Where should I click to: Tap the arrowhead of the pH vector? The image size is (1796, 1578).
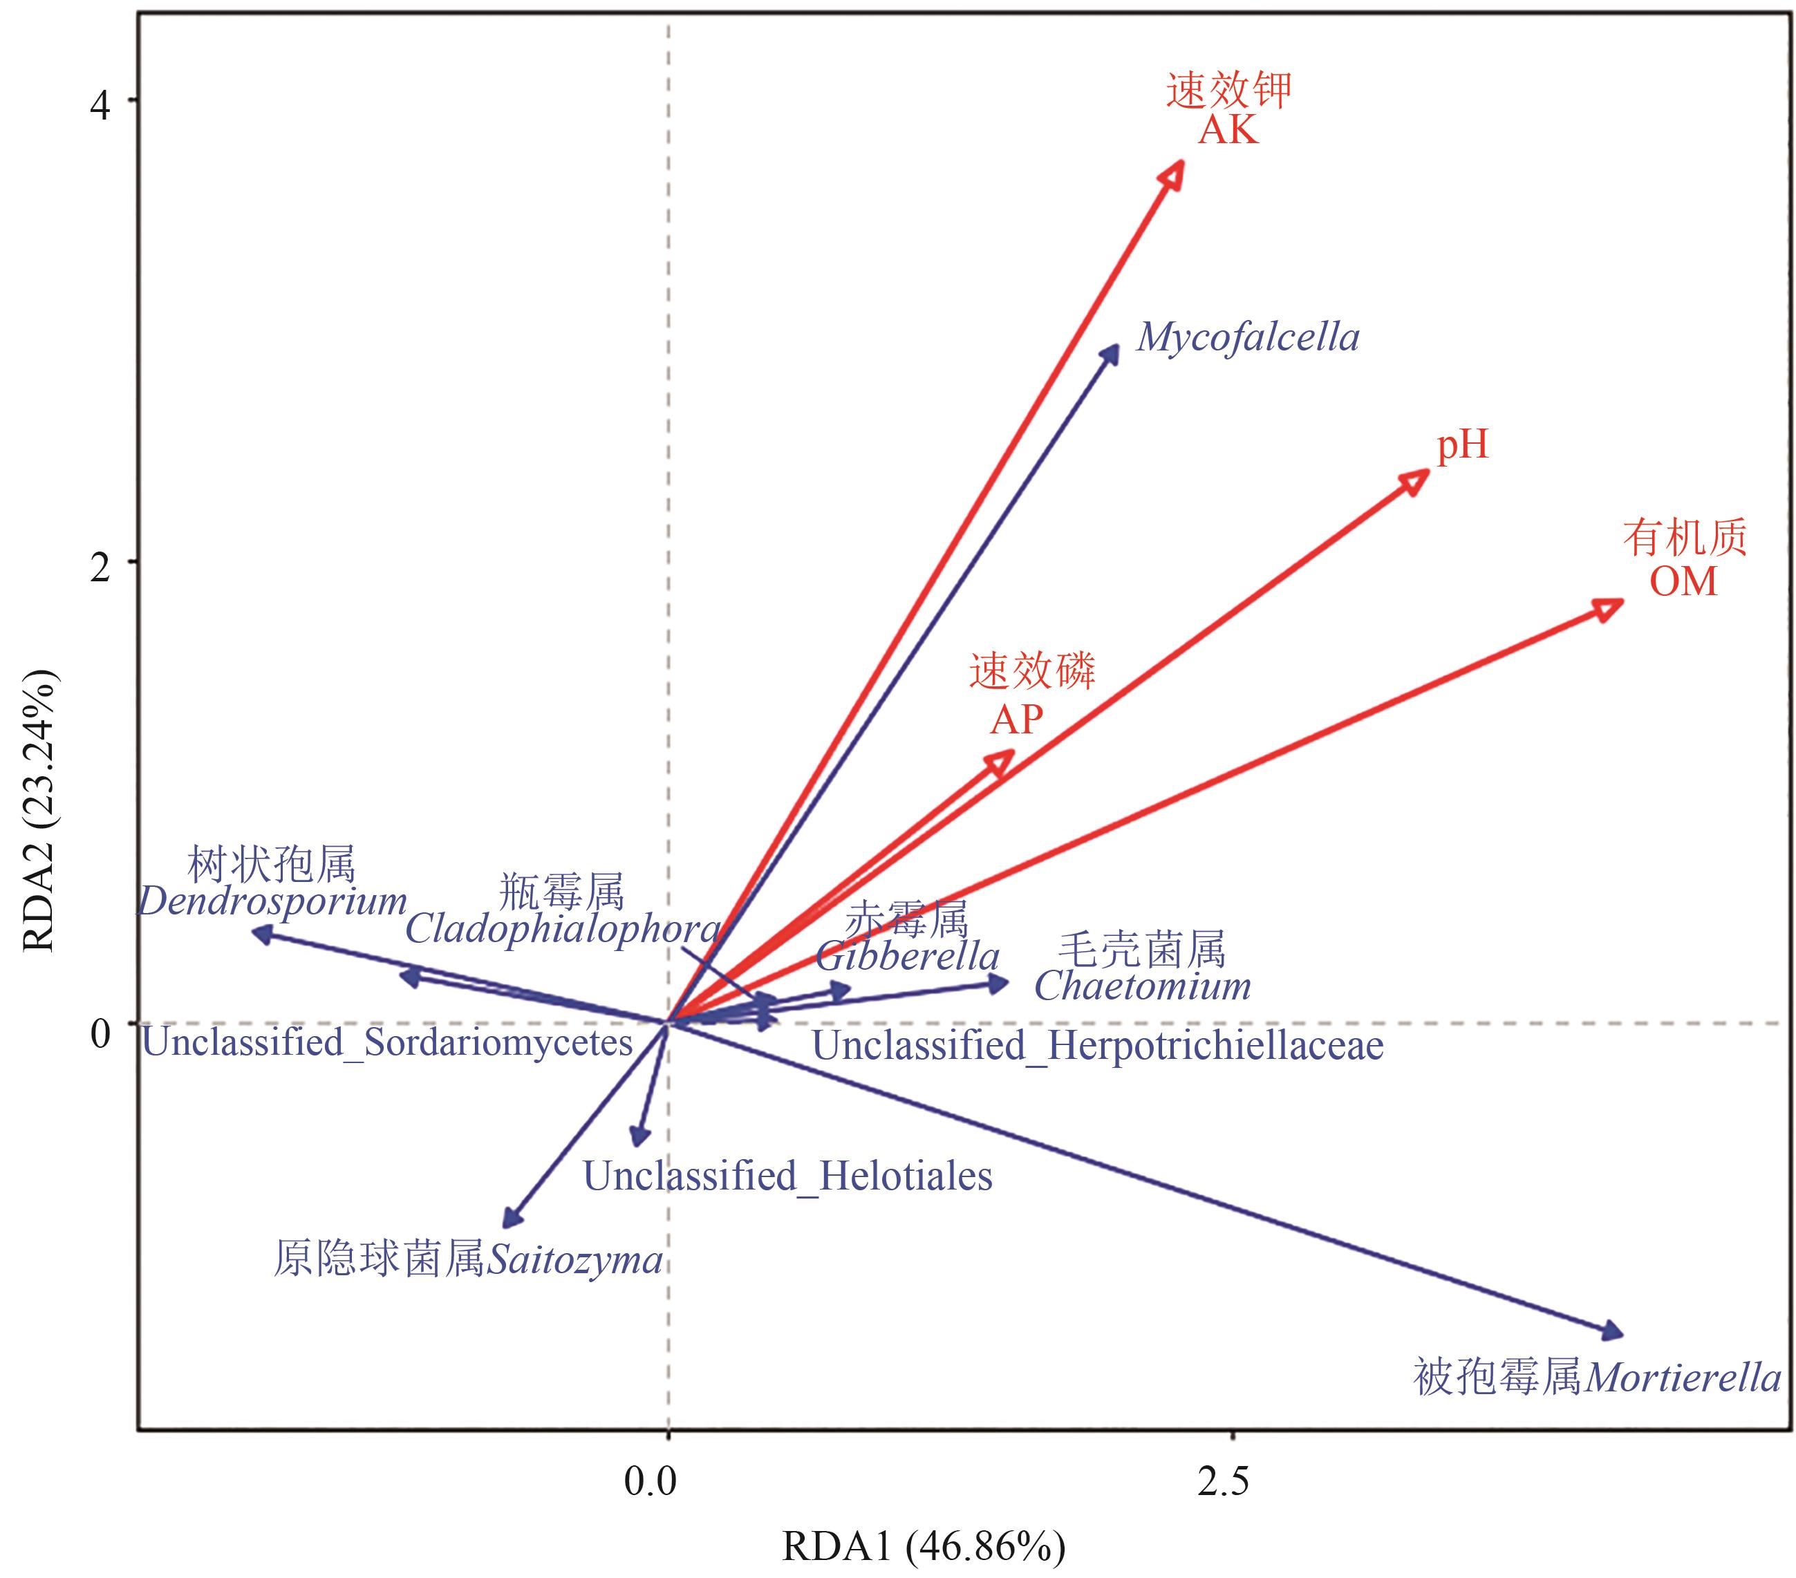pyautogui.click(x=1417, y=480)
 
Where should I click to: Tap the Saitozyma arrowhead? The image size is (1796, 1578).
pyautogui.click(x=509, y=1219)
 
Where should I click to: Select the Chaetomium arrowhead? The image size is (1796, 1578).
pyautogui.click(x=999, y=983)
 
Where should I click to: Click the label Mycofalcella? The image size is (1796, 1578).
pyautogui.click(x=1248, y=337)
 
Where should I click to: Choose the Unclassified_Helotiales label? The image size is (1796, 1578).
pyautogui.click(x=787, y=1176)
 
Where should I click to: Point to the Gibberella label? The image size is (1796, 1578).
pyautogui.click(x=907, y=956)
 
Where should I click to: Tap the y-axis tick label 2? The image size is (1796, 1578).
pyautogui.click(x=101, y=567)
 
